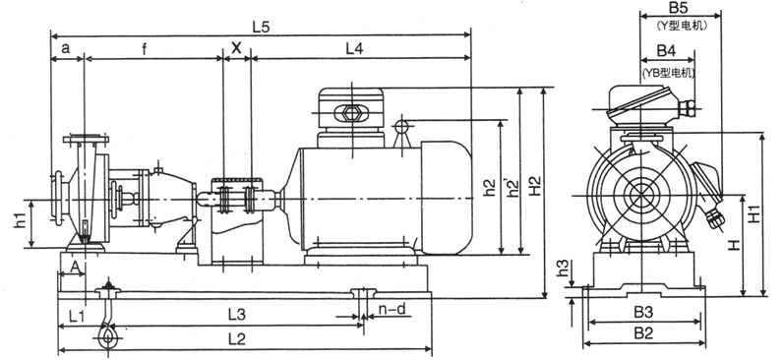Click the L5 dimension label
click(261, 28)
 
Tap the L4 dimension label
click(354, 48)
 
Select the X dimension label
click(236, 48)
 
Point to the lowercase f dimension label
click(145, 48)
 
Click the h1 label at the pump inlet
click(20, 220)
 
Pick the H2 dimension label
click(535, 186)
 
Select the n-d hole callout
click(392, 310)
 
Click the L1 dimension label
click(77, 316)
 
